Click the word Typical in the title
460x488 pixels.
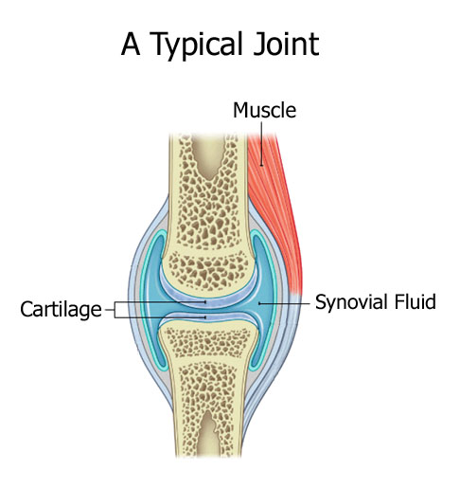click(x=197, y=45)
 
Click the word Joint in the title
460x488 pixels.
click(x=286, y=44)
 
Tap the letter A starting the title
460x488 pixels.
click(x=131, y=44)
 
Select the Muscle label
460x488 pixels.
click(x=264, y=110)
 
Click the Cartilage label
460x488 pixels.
click(x=61, y=309)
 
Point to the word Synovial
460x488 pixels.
click(x=351, y=301)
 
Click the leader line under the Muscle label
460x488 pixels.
click(x=261, y=144)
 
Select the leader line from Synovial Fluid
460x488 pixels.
click(x=284, y=303)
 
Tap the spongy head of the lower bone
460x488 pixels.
click(x=207, y=341)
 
